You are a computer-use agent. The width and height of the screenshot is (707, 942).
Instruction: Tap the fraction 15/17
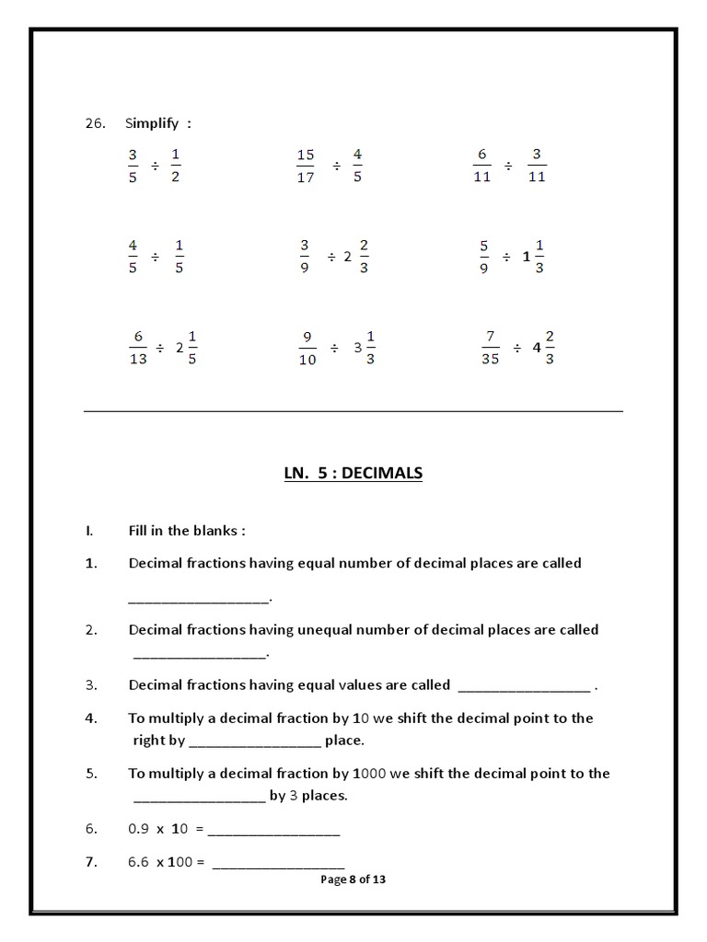point(306,166)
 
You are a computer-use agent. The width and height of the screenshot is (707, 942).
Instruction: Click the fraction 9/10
point(307,348)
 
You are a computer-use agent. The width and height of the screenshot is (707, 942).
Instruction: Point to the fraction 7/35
point(490,348)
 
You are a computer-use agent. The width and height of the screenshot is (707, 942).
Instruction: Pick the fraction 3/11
point(537,166)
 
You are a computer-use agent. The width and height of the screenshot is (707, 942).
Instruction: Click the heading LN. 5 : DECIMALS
point(353,473)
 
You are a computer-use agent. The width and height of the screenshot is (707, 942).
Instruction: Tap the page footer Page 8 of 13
point(353,879)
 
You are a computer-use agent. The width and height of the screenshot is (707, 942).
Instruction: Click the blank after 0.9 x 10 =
point(274,831)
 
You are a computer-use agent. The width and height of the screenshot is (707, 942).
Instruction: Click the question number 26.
point(96,123)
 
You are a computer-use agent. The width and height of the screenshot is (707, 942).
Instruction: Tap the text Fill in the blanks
point(187,531)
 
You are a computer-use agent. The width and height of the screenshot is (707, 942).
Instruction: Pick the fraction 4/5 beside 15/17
point(357,166)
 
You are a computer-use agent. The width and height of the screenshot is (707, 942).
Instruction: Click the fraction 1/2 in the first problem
point(175,166)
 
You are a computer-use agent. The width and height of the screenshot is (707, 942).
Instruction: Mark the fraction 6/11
point(482,166)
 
